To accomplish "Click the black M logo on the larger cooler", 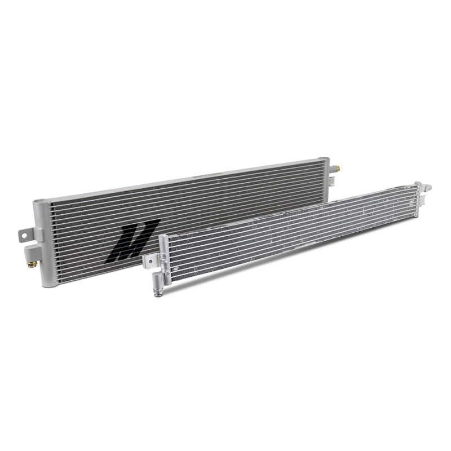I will tap(132, 240).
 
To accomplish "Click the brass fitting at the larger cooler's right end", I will tap(337, 168).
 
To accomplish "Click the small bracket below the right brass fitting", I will tap(333, 182).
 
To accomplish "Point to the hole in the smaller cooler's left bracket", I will tap(150, 261).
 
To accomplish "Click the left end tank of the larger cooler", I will tap(43, 242).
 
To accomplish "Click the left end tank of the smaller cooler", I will tap(163, 259).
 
